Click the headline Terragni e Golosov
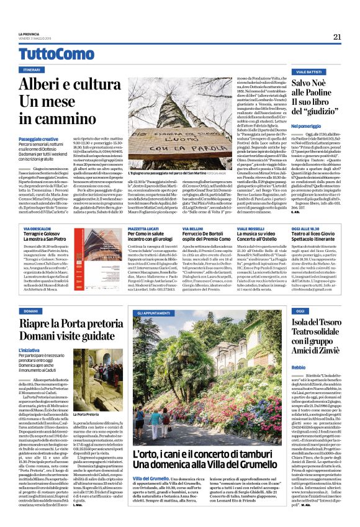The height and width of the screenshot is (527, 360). (x=42, y=235)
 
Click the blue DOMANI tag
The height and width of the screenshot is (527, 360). (x=32, y=310)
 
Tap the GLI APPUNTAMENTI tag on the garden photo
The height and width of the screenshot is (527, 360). (x=153, y=314)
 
